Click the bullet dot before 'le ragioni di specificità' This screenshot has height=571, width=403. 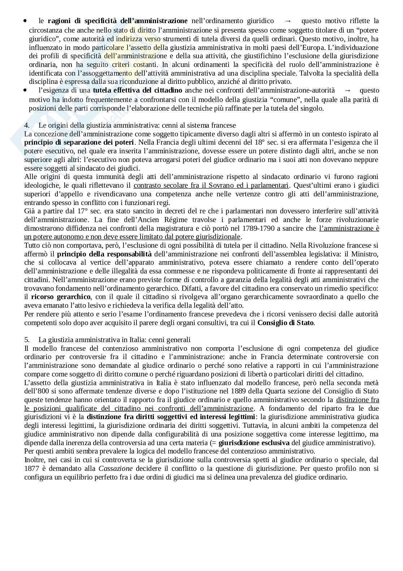pos(25,21)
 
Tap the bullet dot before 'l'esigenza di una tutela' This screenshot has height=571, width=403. pos(25,90)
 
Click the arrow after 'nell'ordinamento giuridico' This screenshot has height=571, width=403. pos(288,21)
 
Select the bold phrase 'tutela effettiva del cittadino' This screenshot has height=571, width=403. pos(137,90)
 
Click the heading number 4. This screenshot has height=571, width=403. pos(26,125)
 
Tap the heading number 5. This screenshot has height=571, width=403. pos(26,340)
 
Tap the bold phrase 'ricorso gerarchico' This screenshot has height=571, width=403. pos(61,297)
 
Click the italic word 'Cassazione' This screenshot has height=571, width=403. pos(116,468)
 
